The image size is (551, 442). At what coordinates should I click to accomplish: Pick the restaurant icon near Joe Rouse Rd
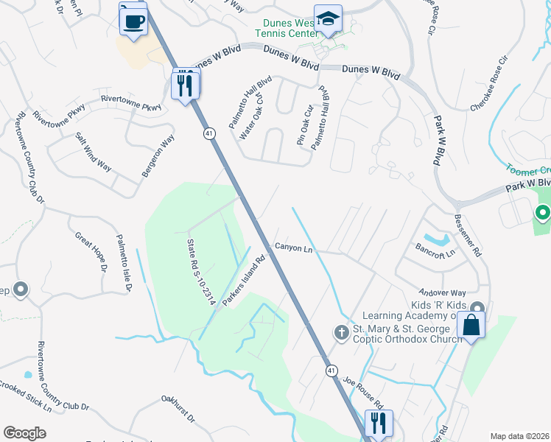tap(379, 424)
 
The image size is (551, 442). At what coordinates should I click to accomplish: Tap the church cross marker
tap(341, 333)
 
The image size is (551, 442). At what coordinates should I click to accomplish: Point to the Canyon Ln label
tap(294, 248)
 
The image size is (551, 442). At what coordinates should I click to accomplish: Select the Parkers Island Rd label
tap(244, 281)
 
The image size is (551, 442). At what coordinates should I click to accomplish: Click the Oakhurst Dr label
tap(178, 409)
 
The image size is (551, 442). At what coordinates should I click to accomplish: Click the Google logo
tap(24, 433)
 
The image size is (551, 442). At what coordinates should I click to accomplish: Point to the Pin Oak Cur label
tap(305, 124)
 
